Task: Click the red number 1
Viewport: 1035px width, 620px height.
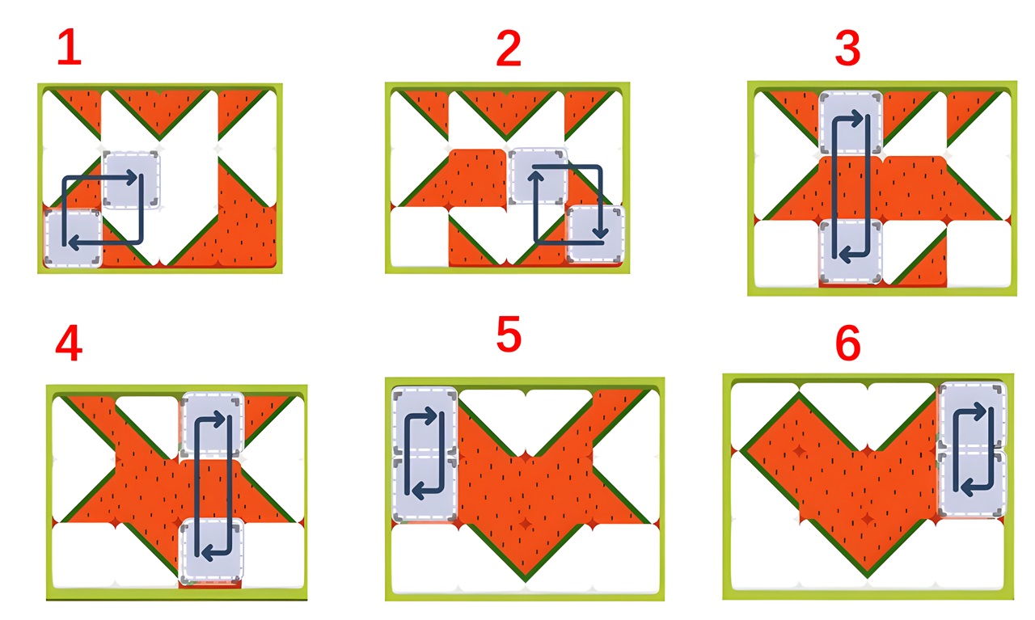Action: pos(70,47)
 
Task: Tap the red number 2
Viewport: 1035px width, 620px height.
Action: pos(509,49)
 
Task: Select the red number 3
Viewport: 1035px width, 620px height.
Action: pos(848,48)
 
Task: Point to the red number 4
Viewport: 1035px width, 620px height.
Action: pos(69,343)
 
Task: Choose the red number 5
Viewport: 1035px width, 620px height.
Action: pos(509,334)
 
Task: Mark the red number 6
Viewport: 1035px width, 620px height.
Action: pos(848,343)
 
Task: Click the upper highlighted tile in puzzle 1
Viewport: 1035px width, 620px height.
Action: pos(131,179)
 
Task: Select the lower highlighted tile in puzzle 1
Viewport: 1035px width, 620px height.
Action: pos(73,238)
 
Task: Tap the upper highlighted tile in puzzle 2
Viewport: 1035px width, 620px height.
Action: pos(538,176)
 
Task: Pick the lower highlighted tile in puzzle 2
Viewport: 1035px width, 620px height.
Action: pos(596,234)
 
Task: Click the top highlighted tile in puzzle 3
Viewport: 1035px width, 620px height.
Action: pos(851,123)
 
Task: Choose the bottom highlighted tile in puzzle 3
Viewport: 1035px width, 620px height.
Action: pos(851,251)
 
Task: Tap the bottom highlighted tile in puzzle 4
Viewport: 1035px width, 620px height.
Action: pos(212,550)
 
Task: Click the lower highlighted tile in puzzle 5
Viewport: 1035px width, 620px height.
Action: pos(425,489)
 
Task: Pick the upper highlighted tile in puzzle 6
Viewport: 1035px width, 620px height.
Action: pos(972,415)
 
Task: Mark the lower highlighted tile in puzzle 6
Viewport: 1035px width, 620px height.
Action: pos(972,483)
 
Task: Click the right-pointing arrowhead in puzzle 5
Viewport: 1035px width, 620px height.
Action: pos(431,415)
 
